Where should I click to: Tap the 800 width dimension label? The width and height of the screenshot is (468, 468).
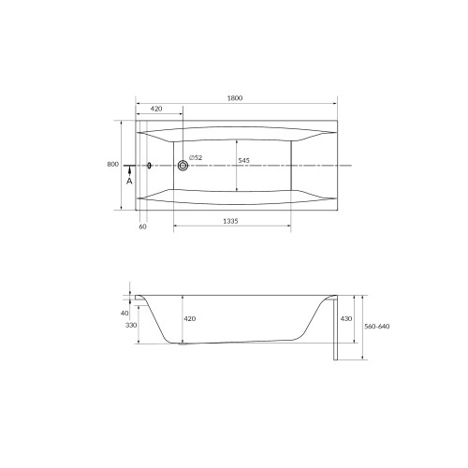[x=113, y=165]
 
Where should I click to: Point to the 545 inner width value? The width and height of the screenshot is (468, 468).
[x=243, y=162]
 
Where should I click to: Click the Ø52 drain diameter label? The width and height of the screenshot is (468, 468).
[x=195, y=157]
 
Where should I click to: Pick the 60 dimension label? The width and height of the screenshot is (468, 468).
[x=142, y=227]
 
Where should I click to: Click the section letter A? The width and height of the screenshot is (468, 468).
[x=129, y=181]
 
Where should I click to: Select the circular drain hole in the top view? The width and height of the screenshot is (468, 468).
[x=183, y=166]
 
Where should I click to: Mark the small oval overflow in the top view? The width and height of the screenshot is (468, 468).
[x=149, y=166]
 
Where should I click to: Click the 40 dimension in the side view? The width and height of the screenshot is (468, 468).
[x=124, y=313]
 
